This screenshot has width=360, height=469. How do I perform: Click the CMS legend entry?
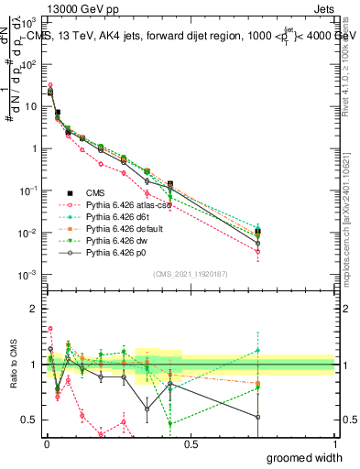(83, 192)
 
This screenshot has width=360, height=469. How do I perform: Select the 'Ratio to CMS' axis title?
(12, 365)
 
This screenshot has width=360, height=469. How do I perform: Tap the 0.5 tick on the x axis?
(190, 444)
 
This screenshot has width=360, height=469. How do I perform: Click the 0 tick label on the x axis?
(45, 444)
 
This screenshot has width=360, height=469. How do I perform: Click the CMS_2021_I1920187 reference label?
(189, 274)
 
